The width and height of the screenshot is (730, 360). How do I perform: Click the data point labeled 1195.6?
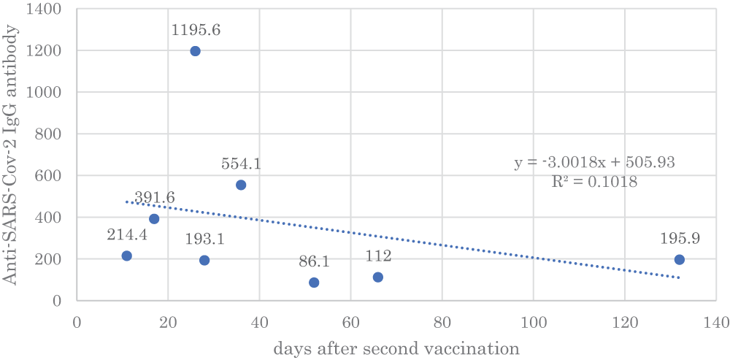(195, 51)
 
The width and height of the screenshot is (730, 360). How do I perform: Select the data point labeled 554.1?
(241, 185)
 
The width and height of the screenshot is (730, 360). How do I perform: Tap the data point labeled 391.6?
(154, 218)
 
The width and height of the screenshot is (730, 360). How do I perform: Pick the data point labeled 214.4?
(127, 256)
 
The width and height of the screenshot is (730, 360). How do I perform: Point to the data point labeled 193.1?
(204, 260)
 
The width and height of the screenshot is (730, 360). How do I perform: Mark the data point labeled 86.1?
(314, 283)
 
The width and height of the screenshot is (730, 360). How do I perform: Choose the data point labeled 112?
(377, 277)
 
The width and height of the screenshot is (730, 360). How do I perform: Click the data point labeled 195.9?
(679, 259)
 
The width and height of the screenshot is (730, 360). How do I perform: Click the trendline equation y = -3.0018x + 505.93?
(594, 163)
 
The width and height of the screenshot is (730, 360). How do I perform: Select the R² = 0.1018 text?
(595, 182)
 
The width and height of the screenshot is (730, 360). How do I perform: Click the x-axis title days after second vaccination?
(396, 348)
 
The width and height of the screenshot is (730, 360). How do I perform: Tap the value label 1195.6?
(196, 30)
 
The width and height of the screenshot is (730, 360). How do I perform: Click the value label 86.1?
(314, 261)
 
